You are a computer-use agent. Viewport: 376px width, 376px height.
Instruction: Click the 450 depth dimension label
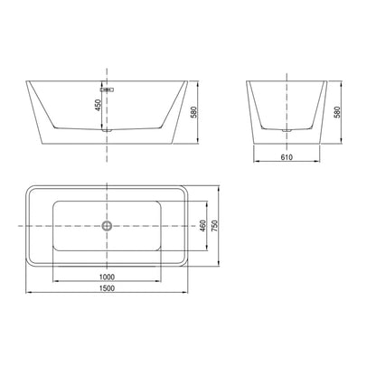99,105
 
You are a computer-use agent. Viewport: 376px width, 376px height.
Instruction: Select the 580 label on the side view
194,112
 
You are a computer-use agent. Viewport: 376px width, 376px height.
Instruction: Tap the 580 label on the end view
337,112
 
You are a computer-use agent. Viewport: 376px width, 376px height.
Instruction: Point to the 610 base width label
287,157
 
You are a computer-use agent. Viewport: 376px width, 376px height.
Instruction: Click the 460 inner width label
203,226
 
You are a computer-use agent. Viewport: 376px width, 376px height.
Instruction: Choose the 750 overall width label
214,226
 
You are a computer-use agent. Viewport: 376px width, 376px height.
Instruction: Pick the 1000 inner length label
107,277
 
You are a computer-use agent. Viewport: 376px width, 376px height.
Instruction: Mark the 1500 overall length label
107,288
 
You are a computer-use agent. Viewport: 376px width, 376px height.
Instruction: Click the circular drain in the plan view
107,226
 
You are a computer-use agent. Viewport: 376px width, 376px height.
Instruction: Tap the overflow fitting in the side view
107,89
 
